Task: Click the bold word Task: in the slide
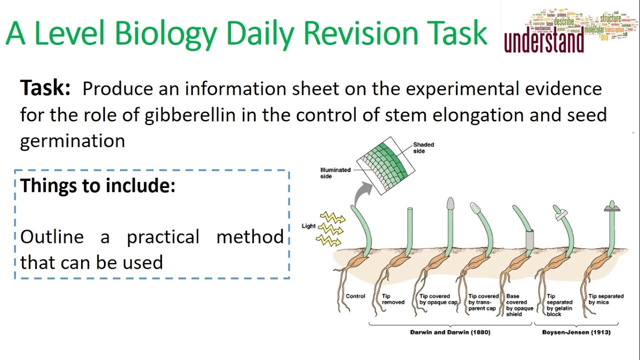click(45, 88)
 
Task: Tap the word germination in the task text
click(72, 141)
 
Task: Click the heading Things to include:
click(98, 185)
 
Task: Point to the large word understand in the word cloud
click(544, 42)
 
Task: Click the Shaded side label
click(423, 147)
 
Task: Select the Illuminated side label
click(335, 172)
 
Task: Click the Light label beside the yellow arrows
click(308, 226)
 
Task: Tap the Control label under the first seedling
click(355, 296)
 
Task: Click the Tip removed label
click(393, 299)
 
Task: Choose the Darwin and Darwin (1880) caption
click(450, 332)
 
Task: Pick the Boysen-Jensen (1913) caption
click(576, 332)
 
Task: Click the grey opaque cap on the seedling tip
click(449, 203)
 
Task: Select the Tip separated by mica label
click(605, 299)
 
